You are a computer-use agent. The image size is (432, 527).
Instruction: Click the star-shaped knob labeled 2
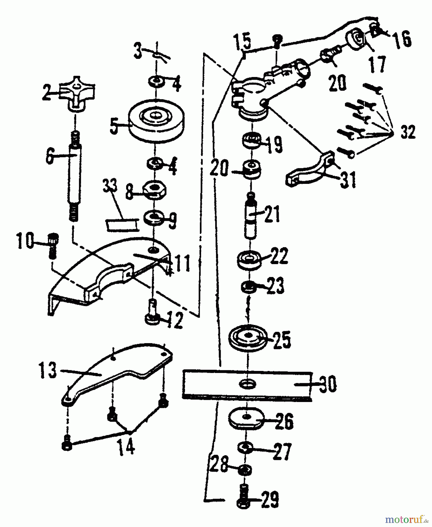click(77, 93)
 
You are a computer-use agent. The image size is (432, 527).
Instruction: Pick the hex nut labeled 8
click(155, 190)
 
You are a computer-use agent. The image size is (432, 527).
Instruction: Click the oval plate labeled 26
click(246, 418)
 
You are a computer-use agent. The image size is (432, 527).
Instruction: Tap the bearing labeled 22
click(249, 259)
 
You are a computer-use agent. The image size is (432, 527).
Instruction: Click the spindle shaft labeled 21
click(250, 217)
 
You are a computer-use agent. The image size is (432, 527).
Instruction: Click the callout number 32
click(408, 131)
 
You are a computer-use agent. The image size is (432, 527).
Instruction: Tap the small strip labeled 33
click(121, 225)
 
